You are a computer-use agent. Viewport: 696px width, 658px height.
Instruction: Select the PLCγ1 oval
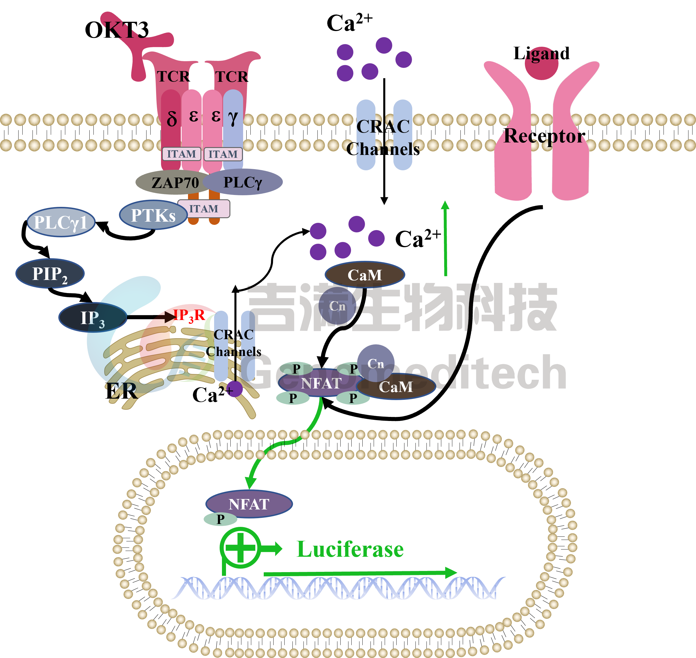[x=61, y=222]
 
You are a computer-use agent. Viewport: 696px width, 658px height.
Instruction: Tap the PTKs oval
[x=153, y=215]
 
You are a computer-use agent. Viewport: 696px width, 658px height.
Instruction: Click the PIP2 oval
[x=50, y=274]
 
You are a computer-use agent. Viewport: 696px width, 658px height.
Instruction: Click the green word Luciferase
[x=350, y=549]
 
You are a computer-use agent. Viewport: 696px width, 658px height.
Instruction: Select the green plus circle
[x=240, y=547]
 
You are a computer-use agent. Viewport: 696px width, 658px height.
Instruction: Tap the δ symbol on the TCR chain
[x=171, y=119]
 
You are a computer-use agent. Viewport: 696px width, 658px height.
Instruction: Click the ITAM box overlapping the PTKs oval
[x=204, y=209]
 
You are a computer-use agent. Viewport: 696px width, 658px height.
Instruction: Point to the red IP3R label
[x=189, y=315]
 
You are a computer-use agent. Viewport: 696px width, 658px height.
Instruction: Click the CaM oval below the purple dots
[x=365, y=275]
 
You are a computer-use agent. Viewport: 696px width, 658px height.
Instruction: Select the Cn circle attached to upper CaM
[x=337, y=306]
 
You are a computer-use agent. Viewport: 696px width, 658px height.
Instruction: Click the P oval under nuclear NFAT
[x=220, y=519]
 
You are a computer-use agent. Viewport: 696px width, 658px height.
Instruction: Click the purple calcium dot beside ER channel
[x=234, y=389]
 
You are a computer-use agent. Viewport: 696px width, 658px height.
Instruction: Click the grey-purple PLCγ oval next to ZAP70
[x=243, y=182]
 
